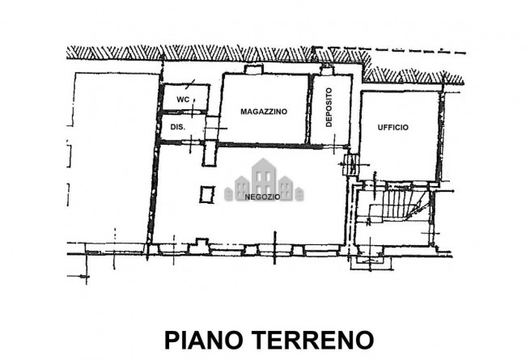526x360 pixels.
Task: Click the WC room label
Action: [183, 100]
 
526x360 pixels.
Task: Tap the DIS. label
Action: [178, 127]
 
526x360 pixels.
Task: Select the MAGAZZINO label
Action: [264, 112]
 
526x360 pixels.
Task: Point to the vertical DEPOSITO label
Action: [329, 107]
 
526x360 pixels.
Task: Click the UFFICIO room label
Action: [393, 128]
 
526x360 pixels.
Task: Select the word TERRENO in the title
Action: [313, 340]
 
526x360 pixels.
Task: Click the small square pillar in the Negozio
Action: [207, 195]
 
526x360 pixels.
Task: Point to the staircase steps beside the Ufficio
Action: [399, 205]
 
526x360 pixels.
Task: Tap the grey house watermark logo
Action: [264, 180]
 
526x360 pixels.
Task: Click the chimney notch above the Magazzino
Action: [253, 70]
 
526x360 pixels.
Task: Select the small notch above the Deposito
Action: [326, 70]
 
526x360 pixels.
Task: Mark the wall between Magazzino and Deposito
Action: [309, 109]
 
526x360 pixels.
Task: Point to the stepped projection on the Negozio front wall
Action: [199, 246]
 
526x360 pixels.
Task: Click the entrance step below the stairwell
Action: [371, 263]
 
